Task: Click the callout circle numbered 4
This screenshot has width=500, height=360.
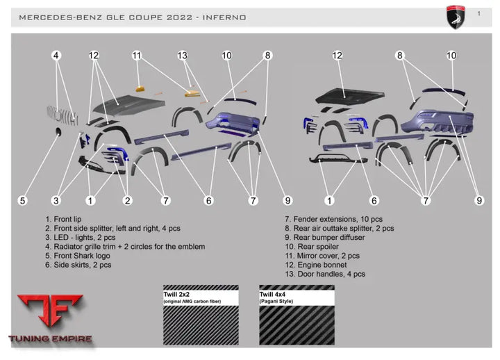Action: [56, 56]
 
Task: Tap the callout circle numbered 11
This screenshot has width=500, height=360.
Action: [137, 56]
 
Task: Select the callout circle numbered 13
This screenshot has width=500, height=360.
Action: [183, 56]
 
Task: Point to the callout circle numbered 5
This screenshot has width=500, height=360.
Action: [23, 201]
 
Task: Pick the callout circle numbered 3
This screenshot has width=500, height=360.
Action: [56, 201]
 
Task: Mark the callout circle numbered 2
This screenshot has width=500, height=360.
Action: [128, 201]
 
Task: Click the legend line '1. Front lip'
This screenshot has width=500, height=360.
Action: [63, 219]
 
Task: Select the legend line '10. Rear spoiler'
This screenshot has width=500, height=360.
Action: [312, 247]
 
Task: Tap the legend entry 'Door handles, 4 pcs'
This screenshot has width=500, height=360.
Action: [331, 274]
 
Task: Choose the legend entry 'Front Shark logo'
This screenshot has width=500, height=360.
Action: [82, 256]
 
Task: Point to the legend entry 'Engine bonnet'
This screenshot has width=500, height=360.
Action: [322, 265]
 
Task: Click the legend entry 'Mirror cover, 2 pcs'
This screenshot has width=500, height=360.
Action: [328, 256]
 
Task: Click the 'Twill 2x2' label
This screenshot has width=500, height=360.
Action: [176, 295]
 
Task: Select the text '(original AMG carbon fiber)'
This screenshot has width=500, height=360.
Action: [192, 302]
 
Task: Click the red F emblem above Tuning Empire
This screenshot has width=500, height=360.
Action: [51, 310]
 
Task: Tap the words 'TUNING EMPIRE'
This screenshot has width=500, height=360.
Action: [51, 338]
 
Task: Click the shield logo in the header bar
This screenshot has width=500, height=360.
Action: [456, 17]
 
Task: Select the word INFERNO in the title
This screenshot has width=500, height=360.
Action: [224, 17]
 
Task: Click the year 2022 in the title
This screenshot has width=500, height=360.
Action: [180, 17]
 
